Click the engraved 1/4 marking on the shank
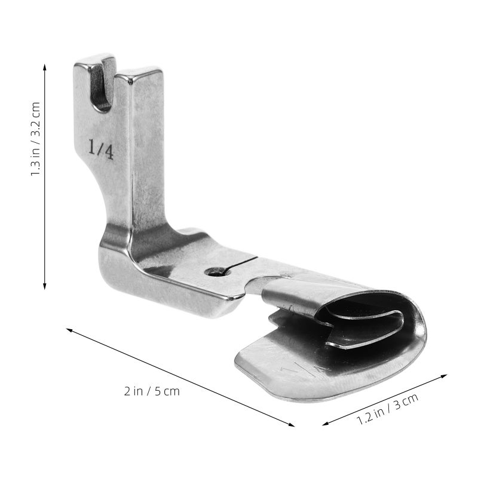[101, 149]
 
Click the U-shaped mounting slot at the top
[102, 84]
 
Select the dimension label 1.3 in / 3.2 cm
[35, 139]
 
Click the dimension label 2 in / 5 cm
[152, 391]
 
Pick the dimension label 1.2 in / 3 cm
[387, 409]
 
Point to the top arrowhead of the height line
[44, 68]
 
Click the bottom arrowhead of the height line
[44, 286]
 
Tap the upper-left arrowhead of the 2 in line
[69, 330]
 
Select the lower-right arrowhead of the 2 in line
[291, 425]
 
